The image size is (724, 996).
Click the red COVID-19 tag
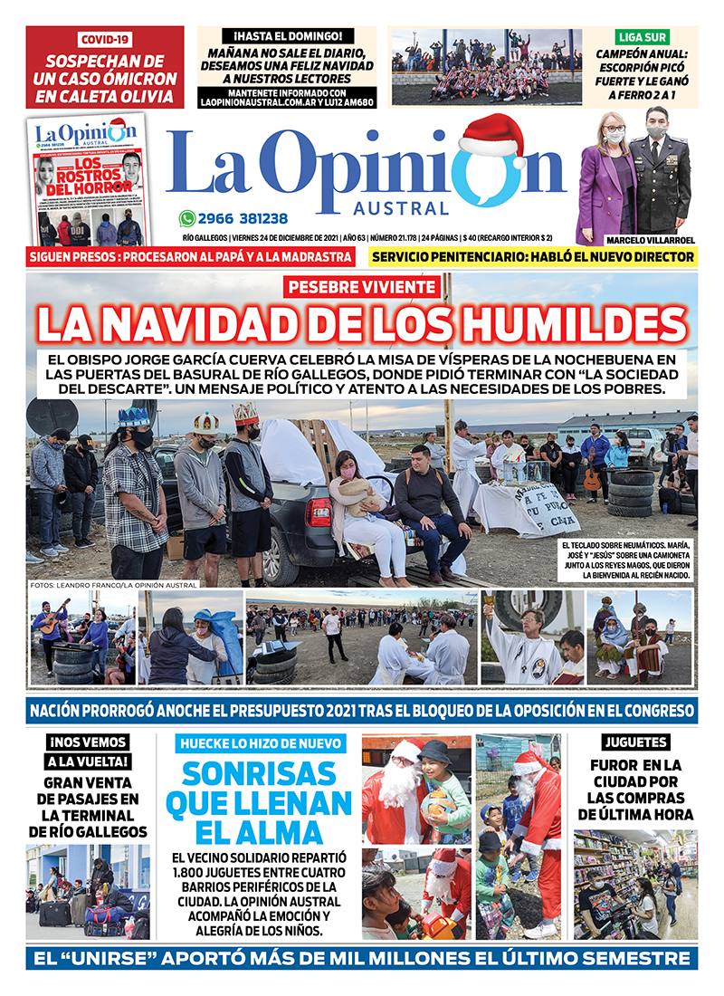click(104, 40)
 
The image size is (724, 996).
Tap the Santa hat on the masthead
click(491, 137)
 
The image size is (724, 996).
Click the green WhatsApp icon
click(187, 218)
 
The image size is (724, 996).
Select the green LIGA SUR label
click(642, 37)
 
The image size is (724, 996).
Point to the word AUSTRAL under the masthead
click(413, 207)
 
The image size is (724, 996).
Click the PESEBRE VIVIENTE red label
click(362, 288)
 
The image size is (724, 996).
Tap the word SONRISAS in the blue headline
click(263, 774)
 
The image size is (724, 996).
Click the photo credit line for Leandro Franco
click(113, 585)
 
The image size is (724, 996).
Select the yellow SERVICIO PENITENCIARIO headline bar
click(533, 256)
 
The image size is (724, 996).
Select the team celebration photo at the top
click(486, 67)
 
